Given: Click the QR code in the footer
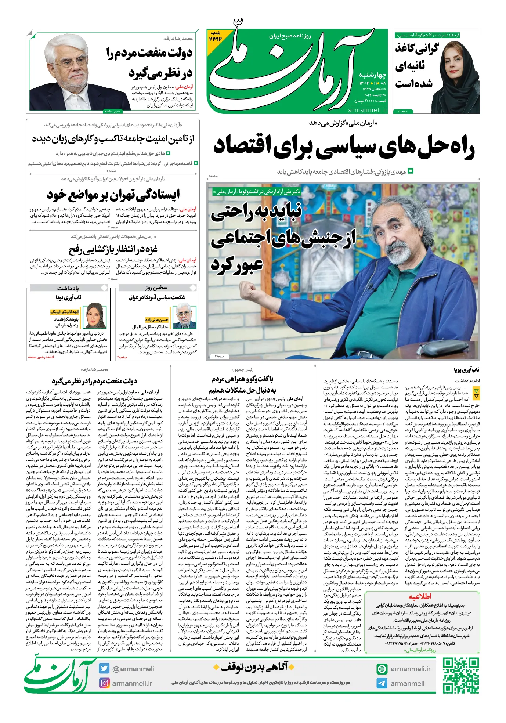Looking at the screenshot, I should tap(461, 675).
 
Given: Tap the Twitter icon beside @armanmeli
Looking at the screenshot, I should tap(104, 668).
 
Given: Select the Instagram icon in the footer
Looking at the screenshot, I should tap(104, 683).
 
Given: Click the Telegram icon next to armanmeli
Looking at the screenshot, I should tap(382, 683).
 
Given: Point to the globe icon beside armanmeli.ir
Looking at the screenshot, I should tap(382, 669).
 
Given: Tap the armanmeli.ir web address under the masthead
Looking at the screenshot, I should tap(368, 110).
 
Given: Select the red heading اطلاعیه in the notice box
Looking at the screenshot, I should tap(420, 596).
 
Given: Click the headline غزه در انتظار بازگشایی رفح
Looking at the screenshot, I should tap(113, 249).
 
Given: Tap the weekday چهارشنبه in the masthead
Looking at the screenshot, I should tap(372, 75).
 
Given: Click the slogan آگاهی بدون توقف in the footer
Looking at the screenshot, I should tap(254, 667).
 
